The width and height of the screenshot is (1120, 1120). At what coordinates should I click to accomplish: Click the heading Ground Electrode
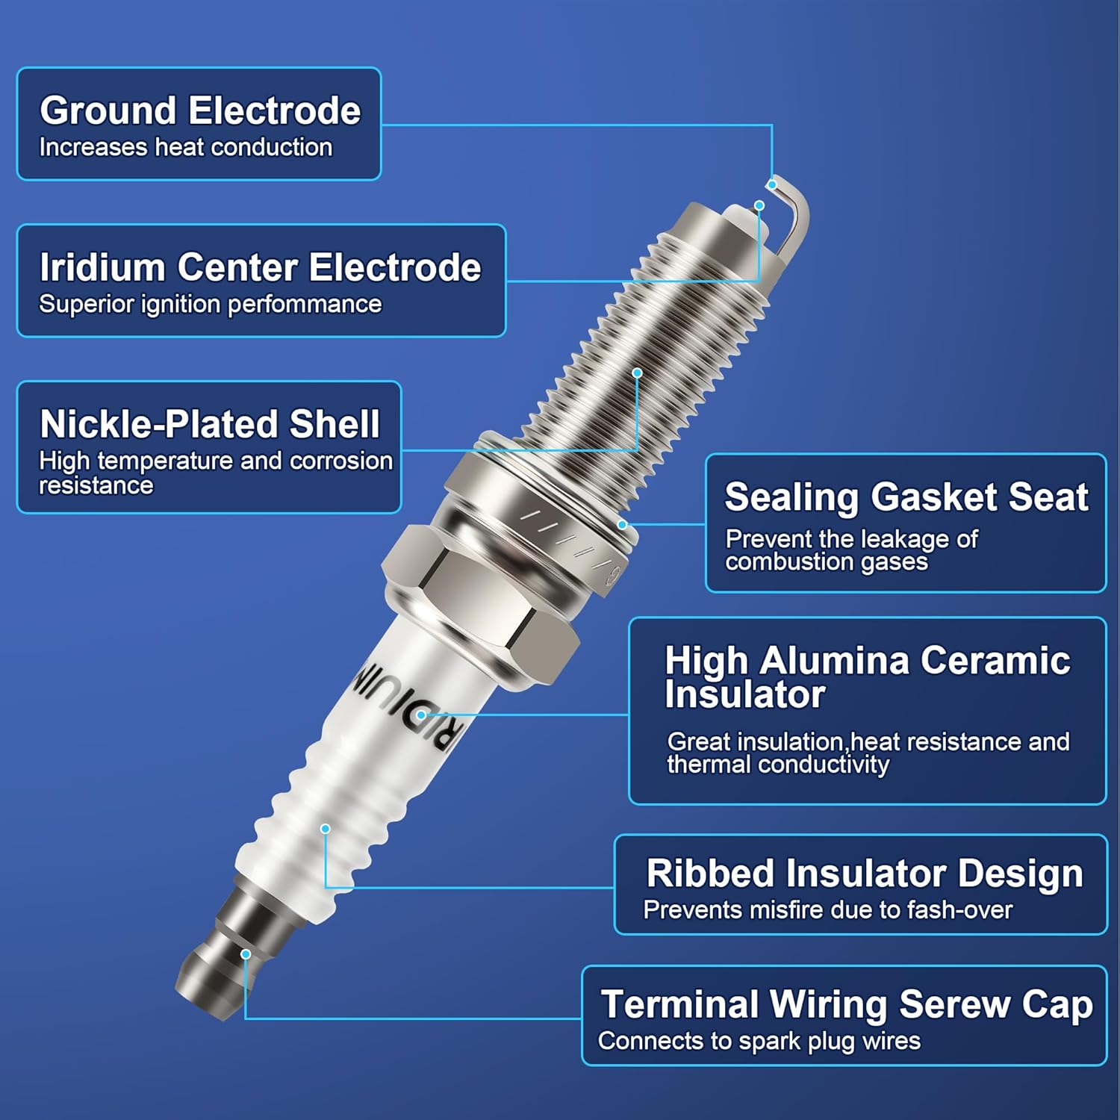[200, 111]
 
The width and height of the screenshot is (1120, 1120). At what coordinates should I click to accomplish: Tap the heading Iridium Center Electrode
[260, 267]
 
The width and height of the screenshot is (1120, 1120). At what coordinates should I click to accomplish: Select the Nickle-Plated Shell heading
[210, 424]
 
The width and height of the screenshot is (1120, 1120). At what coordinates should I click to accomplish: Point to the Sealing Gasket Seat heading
[906, 497]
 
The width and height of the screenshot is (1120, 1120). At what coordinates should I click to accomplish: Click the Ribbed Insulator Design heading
[864, 873]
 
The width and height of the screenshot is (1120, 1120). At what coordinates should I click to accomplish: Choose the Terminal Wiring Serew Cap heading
[846, 1004]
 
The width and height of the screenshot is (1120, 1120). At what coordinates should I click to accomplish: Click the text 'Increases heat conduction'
[185, 147]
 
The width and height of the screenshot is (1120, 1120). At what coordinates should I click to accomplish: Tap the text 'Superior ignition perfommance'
[210, 304]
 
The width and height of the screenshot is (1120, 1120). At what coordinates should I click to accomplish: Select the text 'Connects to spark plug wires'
[759, 1041]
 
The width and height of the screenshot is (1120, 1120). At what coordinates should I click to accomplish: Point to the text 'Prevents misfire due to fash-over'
[827, 909]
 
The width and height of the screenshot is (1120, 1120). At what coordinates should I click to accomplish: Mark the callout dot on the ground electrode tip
[773, 184]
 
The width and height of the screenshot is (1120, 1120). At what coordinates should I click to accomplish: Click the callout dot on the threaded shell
[637, 373]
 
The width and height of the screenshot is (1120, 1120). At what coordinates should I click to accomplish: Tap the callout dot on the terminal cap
[245, 954]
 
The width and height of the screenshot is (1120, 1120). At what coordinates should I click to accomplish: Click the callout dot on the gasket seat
[622, 525]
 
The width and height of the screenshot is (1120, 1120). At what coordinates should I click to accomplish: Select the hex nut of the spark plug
[478, 597]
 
